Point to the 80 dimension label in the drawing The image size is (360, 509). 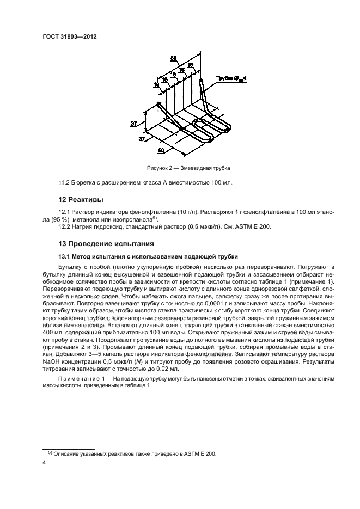click(x=174, y=58)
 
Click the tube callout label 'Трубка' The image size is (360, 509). click(x=224, y=79)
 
